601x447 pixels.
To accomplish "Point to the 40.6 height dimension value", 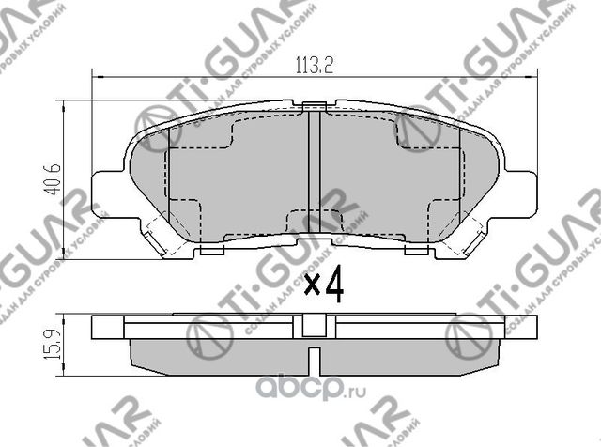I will pyautogui.click(x=54, y=177).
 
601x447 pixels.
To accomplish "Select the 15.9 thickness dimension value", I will pyautogui.click(x=54, y=342).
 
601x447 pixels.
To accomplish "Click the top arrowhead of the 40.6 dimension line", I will pyautogui.click(x=65, y=104).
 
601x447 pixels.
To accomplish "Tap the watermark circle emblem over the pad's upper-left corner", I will pyautogui.click(x=155, y=127).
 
